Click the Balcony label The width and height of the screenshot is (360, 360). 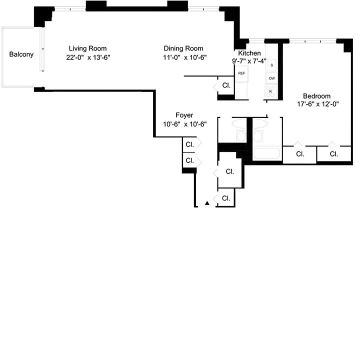pos(21,54)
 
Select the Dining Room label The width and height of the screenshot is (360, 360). pos(183,48)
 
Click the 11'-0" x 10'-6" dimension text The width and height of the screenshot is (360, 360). pos(184,57)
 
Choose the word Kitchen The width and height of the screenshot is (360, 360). pos(249,53)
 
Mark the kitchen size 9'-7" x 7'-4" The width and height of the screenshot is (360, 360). pos(249,61)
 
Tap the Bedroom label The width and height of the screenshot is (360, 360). pos(317,96)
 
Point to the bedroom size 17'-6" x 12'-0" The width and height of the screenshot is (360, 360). pos(317,105)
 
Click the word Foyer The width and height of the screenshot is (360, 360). pos(184,115)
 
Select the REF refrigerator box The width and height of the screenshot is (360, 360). pos(242,73)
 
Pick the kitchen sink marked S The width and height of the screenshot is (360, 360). pos(272,65)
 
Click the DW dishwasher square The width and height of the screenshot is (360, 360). pos(272,78)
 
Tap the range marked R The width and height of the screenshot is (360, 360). pos(271,91)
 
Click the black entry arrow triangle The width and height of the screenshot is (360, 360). pos(207,203)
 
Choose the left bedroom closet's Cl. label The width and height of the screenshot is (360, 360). pos(300,154)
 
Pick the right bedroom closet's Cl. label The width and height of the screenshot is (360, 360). pos(334,154)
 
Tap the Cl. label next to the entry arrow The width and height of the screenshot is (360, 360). pos(226,198)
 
